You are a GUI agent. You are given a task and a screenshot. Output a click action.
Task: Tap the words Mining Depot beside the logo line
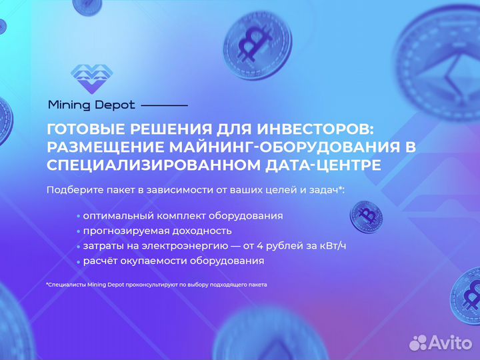click(x=91, y=105)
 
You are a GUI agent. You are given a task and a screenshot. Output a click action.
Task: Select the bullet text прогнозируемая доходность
click(x=157, y=231)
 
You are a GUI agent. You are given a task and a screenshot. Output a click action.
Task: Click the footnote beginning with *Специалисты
click(x=157, y=285)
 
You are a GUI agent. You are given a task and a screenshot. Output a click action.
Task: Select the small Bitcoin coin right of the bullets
click(x=367, y=217)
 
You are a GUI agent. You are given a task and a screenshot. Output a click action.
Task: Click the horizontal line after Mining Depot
click(x=165, y=105)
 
